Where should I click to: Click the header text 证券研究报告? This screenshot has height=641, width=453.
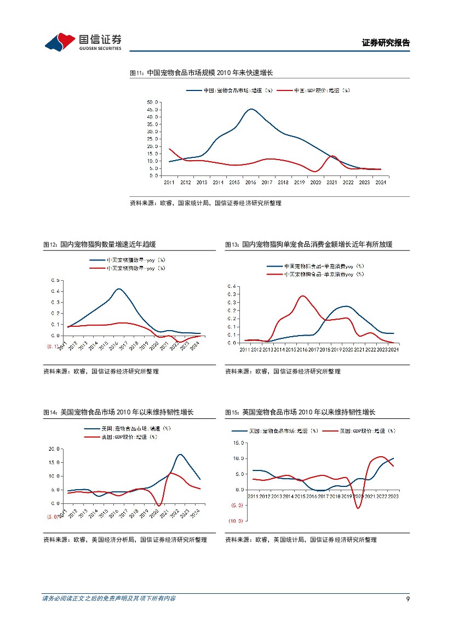pos(386,43)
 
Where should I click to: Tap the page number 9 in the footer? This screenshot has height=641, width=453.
pos(408,598)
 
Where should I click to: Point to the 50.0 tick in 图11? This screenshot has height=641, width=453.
pos(153,103)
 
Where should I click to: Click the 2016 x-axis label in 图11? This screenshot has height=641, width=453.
pos(251,182)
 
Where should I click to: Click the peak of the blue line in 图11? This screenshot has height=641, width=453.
pos(251,109)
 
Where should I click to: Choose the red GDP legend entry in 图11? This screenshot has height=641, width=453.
pos(313,90)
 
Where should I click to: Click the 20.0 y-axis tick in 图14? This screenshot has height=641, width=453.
pos(54,449)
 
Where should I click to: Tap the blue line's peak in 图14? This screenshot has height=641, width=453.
pos(180,455)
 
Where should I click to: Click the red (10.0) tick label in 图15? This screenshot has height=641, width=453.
pos(236,521)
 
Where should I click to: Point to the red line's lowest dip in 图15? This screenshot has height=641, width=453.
pos(358,508)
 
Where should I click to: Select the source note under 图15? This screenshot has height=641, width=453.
pos(301,540)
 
